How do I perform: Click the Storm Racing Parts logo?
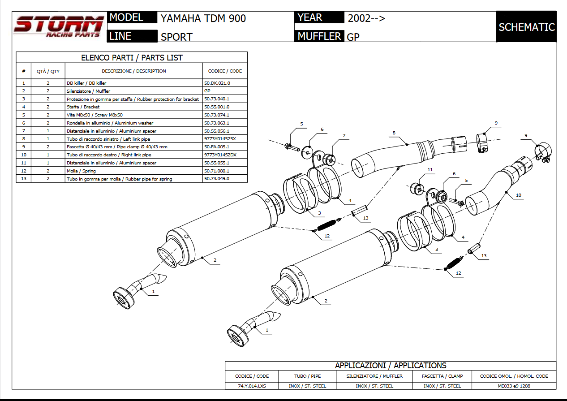[x=58, y=26]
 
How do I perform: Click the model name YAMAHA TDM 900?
[x=203, y=18]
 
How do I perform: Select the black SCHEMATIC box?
[x=526, y=27]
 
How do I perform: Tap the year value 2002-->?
[x=366, y=18]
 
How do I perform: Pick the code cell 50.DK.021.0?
[x=217, y=83]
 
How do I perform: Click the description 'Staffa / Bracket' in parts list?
[x=83, y=107]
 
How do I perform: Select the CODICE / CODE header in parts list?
[x=225, y=71]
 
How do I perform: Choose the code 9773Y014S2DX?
[x=220, y=155]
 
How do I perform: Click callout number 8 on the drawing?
[x=394, y=133]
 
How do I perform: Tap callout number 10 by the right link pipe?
[x=519, y=195]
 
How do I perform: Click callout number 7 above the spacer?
[x=344, y=135]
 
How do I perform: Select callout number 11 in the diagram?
[x=430, y=170]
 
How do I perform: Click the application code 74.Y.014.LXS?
[x=252, y=386]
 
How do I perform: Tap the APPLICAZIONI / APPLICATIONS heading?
[x=390, y=366]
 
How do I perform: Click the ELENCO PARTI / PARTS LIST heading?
[x=132, y=57]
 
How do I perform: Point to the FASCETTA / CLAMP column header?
[x=442, y=376]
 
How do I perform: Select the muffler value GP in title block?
[x=353, y=37]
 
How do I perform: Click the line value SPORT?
[x=176, y=37]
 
